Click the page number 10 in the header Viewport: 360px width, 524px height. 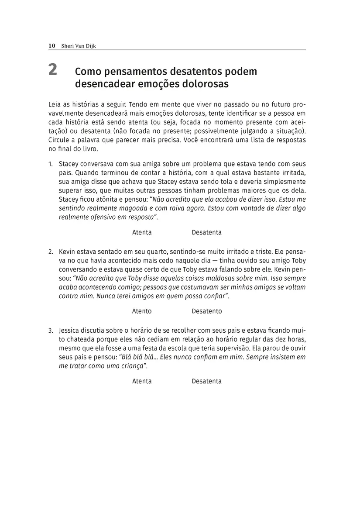[x=51, y=45]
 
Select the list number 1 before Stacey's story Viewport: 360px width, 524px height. [x=51, y=164]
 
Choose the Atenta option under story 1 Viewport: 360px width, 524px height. [x=142, y=232]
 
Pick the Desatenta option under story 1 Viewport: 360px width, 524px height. [x=206, y=232]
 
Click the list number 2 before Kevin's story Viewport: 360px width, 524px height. [x=51, y=252]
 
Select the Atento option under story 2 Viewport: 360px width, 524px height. [x=142, y=311]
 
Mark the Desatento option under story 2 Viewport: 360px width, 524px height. [x=206, y=311]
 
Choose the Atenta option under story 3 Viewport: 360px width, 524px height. [x=142, y=381]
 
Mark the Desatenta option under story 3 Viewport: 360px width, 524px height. [x=206, y=381]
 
